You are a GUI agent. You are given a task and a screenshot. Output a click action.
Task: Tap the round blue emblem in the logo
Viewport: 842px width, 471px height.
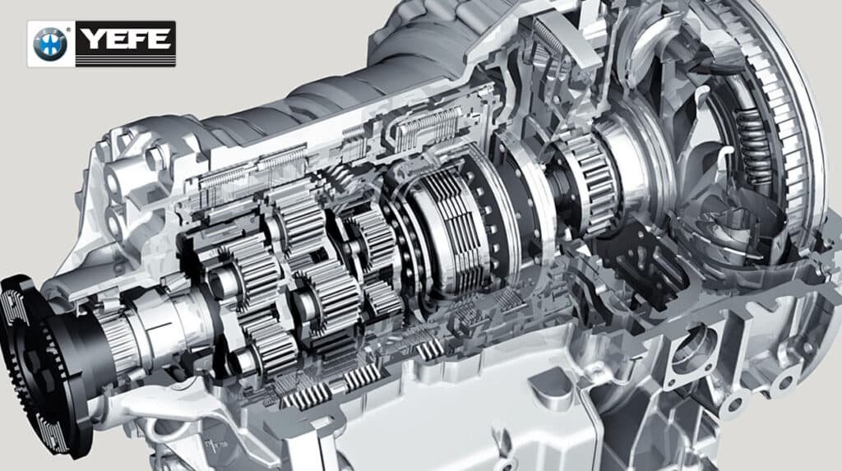(50, 44)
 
